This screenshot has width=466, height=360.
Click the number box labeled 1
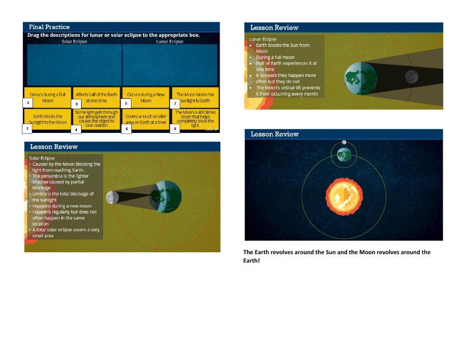coord(28,103)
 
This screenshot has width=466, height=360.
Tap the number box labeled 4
coord(77,129)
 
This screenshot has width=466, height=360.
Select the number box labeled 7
coord(175,103)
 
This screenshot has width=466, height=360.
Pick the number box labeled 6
coord(126,129)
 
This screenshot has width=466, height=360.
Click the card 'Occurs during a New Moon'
coord(146,97)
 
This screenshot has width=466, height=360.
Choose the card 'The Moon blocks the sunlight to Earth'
coord(195,97)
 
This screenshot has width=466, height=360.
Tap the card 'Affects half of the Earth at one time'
coord(96,97)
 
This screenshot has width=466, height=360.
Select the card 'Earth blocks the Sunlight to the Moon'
coord(48,119)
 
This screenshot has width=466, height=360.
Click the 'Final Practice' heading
coord(49,27)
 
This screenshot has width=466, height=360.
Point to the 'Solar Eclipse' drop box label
coord(75,42)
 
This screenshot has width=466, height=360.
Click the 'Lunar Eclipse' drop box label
coord(170,42)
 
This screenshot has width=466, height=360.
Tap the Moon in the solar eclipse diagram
coord(110,197)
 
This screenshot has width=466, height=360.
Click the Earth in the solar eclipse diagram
coord(166,197)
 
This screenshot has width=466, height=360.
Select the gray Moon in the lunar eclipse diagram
coord(411,76)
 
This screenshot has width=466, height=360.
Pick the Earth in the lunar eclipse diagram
coord(360,76)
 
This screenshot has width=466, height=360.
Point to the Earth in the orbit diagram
coord(344,154)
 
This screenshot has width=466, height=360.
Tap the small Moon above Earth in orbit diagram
coord(344,142)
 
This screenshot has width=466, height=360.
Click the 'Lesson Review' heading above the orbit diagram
coord(274,134)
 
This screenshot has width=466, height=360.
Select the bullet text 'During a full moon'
coord(275,57)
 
